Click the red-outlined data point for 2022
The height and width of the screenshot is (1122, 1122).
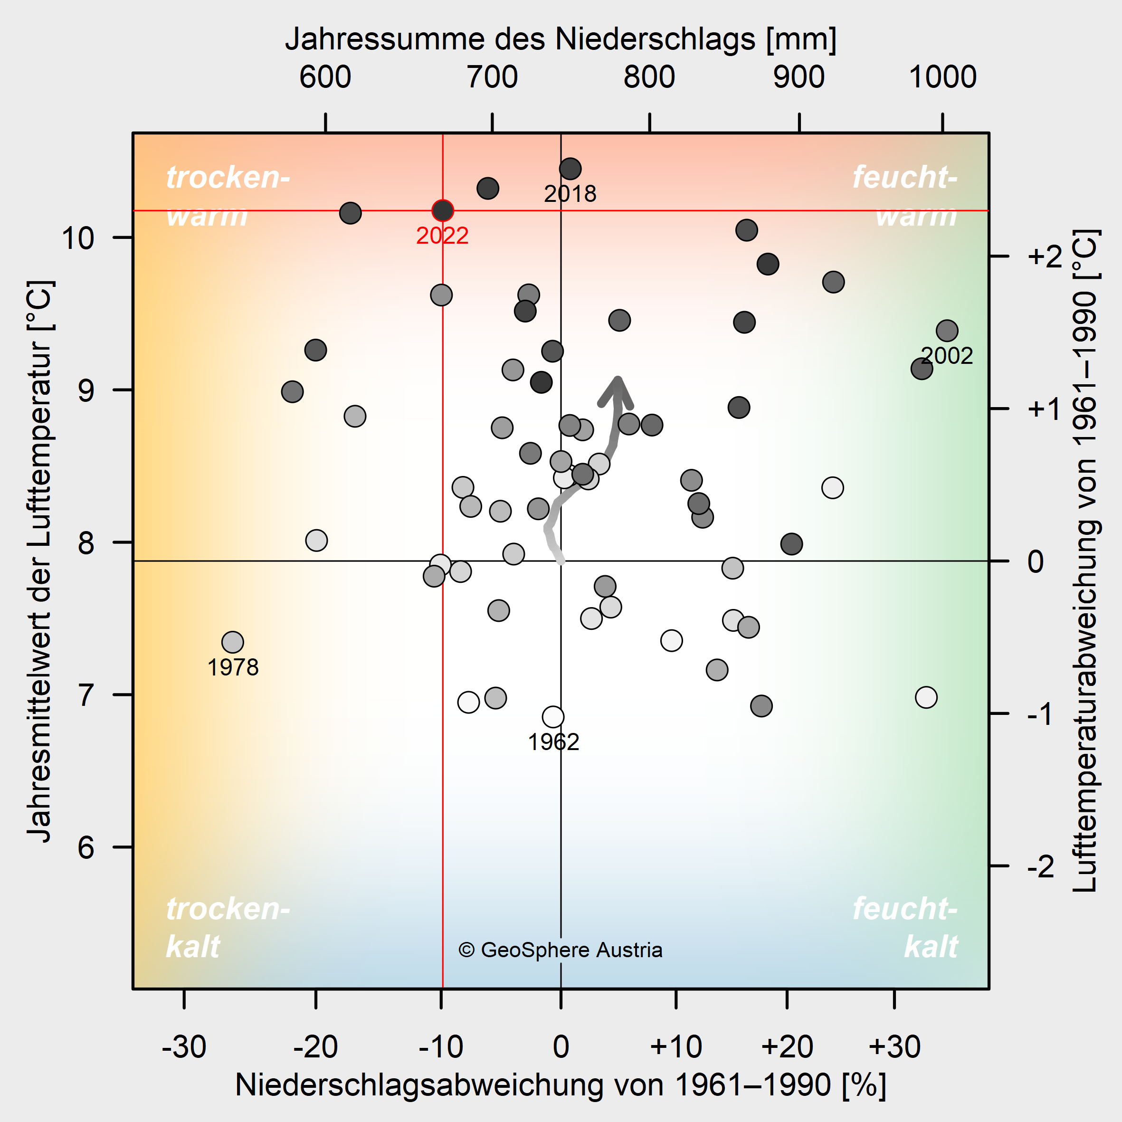(443, 210)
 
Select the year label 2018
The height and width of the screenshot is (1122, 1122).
(570, 193)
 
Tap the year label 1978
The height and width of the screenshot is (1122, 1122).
(233, 667)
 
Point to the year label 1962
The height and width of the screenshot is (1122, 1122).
(553, 742)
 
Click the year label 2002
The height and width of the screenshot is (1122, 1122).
(947, 355)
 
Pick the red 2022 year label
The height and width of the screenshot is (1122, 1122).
(443, 235)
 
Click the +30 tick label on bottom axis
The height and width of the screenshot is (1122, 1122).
(894, 1046)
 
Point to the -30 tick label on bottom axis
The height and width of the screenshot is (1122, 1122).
(184, 1046)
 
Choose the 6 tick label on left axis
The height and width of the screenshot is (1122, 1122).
(86, 847)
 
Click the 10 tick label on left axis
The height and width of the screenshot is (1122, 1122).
(78, 238)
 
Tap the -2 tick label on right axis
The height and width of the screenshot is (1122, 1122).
(1041, 866)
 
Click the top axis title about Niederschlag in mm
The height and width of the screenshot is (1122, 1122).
(561, 39)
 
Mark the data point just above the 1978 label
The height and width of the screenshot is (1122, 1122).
(232, 642)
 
